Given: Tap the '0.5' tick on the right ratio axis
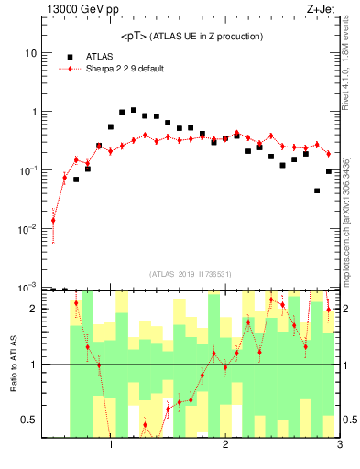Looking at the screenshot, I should tap(349, 420).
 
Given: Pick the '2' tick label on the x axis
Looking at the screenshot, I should tap(225, 446).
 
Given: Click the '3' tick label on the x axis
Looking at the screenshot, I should tap(339, 446).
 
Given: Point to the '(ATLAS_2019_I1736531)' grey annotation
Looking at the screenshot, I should tap(190, 274).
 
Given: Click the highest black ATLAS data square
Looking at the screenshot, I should tap(134, 110).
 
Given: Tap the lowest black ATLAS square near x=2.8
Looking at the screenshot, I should tap(317, 191).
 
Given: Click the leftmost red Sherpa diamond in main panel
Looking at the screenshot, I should tap(53, 220).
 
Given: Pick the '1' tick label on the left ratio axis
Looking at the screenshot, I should tap(30, 365).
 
